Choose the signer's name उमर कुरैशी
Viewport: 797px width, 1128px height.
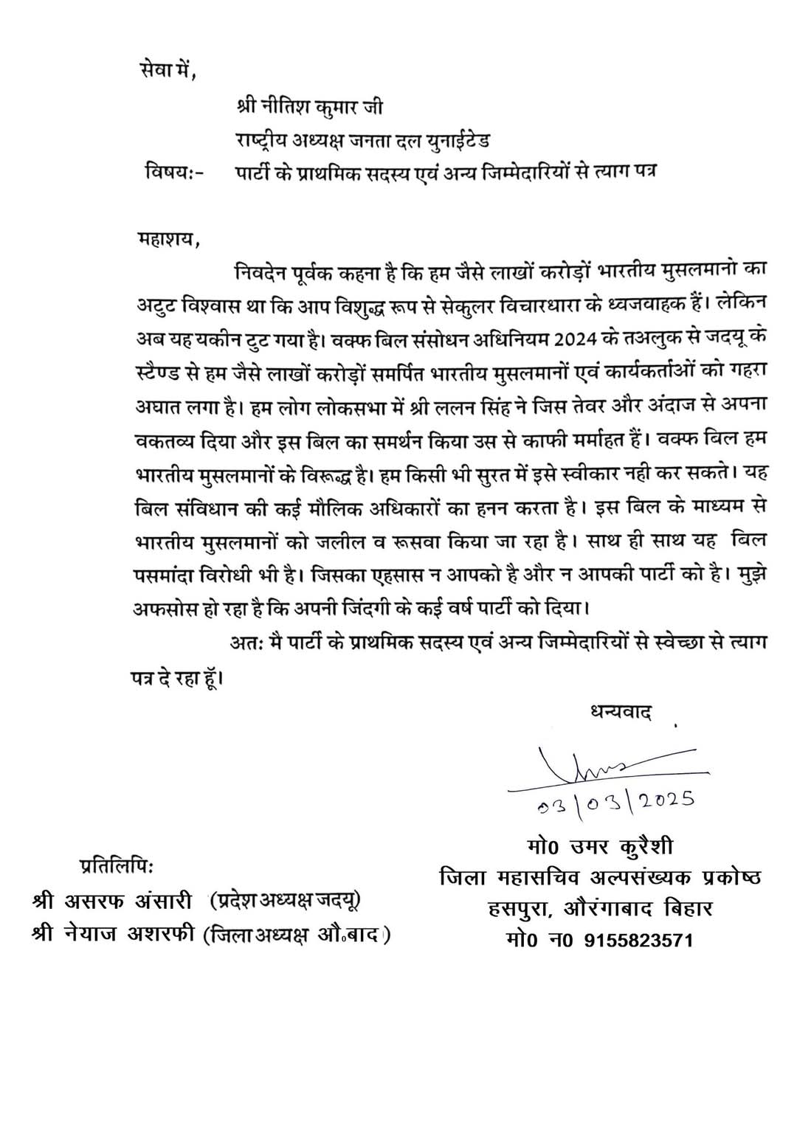(620, 845)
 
